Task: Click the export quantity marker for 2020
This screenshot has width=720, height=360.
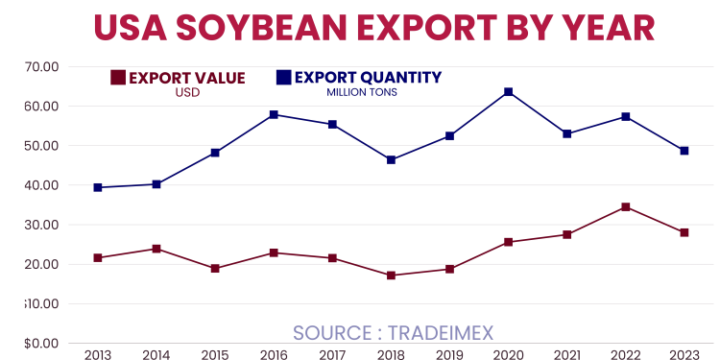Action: coord(508,92)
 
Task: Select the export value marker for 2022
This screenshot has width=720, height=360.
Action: coord(625,207)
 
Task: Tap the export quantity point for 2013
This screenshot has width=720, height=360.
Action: coord(98,187)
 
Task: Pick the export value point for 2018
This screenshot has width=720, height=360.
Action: coord(391,276)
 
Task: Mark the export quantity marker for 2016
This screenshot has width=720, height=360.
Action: coord(274,114)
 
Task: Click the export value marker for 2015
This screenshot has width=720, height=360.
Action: coord(215,269)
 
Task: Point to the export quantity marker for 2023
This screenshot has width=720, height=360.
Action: coord(684,151)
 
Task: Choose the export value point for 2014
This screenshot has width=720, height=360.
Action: coord(156,249)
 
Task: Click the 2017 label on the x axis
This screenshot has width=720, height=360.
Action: coord(332,355)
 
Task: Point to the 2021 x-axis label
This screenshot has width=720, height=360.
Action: coord(566,355)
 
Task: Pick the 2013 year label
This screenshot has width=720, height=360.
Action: coord(98,355)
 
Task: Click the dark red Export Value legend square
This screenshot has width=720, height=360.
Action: coord(118,78)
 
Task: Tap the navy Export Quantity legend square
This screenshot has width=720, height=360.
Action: coord(283,77)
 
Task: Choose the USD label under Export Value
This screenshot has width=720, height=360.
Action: coord(186,93)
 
